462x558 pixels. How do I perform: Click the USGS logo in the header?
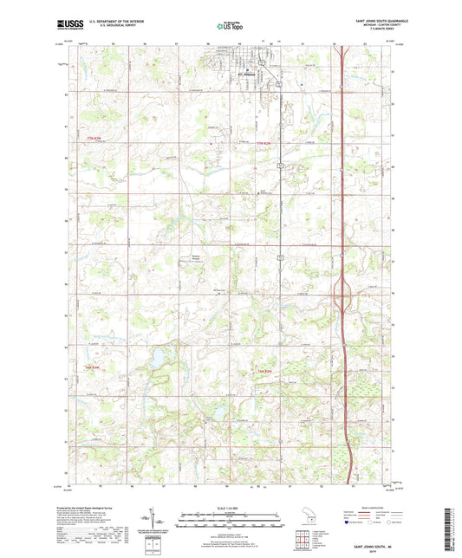tap(68, 25)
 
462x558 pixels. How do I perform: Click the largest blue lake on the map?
tap(160, 356)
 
